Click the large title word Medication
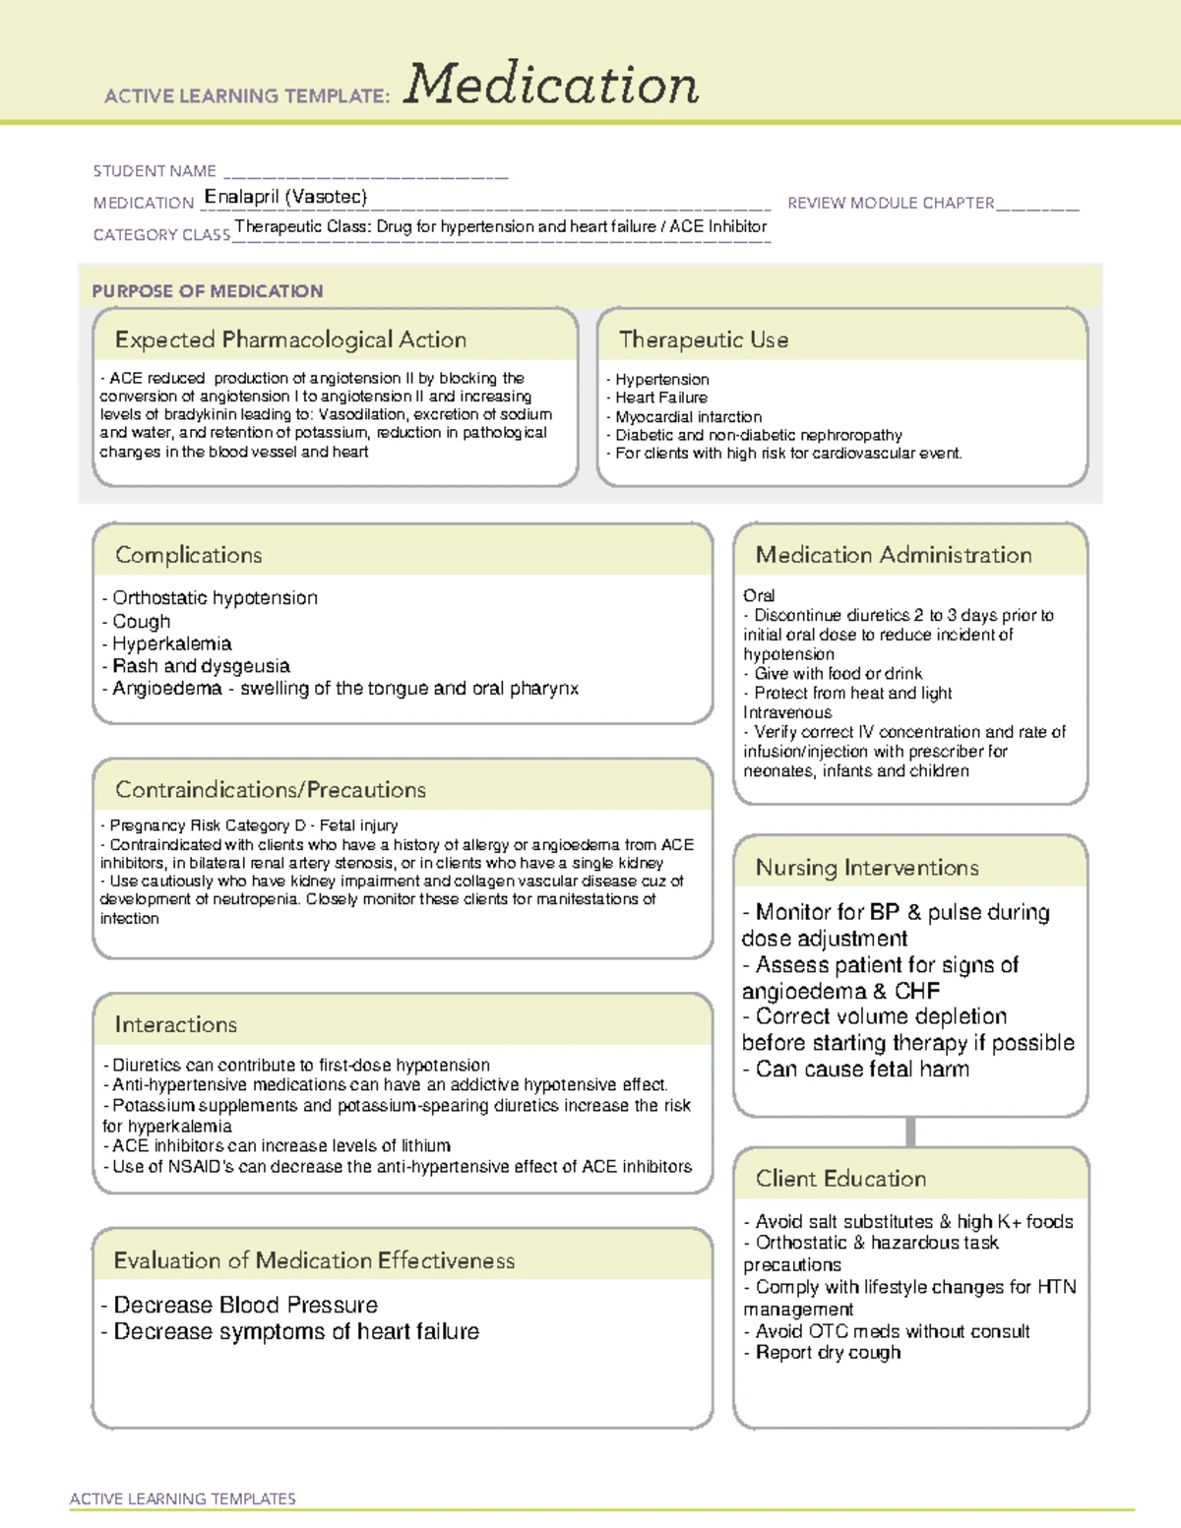[551, 85]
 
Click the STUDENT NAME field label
[155, 171]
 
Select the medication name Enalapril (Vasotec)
[285, 197]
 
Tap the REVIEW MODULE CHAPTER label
[891, 203]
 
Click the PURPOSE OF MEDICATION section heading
[208, 291]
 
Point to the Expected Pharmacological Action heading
[290, 339]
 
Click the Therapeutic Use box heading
[704, 339]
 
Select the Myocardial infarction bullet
[688, 417]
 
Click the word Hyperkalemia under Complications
[171, 643]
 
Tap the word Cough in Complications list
[141, 622]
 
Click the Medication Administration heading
[894, 555]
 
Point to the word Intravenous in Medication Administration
[787, 712]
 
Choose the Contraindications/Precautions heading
[271, 789]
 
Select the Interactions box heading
[175, 1024]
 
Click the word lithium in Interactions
[424, 1146]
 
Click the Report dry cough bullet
[828, 1353]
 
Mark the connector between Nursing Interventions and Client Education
[910, 1131]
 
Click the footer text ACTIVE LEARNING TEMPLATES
[183, 1498]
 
